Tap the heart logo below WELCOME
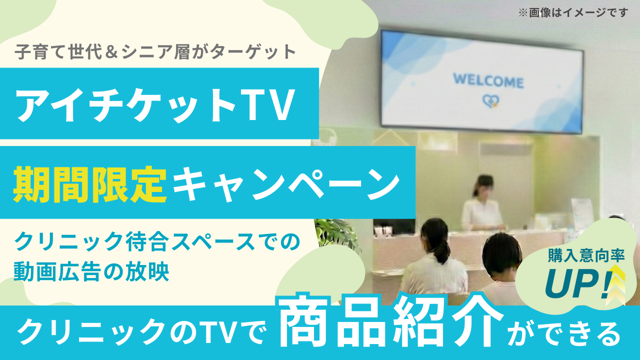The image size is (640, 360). point(490,101)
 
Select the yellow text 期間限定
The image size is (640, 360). point(90,184)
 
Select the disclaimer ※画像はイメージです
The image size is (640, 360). point(573,12)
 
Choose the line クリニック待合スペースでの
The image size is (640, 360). point(157,241)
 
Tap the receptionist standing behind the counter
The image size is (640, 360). point(482,203)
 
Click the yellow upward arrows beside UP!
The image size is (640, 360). point(617,284)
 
